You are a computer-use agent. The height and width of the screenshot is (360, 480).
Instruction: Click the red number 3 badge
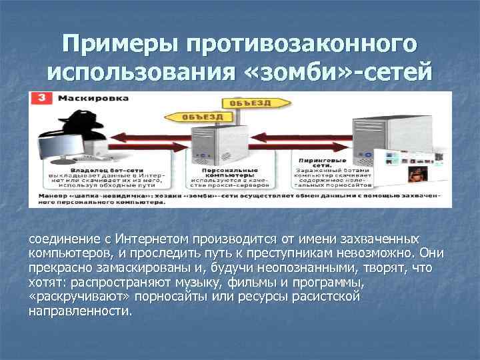click(41, 98)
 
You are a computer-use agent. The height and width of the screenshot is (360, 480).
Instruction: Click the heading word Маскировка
click(83, 98)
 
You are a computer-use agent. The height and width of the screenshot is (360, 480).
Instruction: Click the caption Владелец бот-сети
click(99, 169)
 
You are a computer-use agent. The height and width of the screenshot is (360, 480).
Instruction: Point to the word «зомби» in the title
click(300, 72)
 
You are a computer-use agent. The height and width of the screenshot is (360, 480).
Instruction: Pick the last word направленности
click(81, 311)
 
